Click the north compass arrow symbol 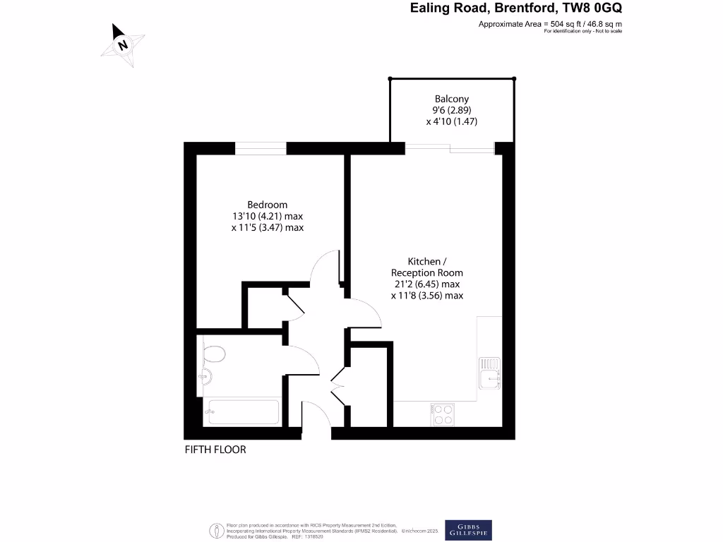coord(123,44)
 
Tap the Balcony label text coord(452,99)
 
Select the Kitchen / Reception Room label coord(426,267)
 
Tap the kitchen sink coord(489,374)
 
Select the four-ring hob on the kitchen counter coord(442,414)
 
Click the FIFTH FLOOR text coord(215,450)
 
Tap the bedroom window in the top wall coord(261,148)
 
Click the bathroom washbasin coord(207,376)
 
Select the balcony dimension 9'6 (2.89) coord(452,110)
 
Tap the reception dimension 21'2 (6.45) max coord(426,284)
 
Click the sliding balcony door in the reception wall coord(450,147)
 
